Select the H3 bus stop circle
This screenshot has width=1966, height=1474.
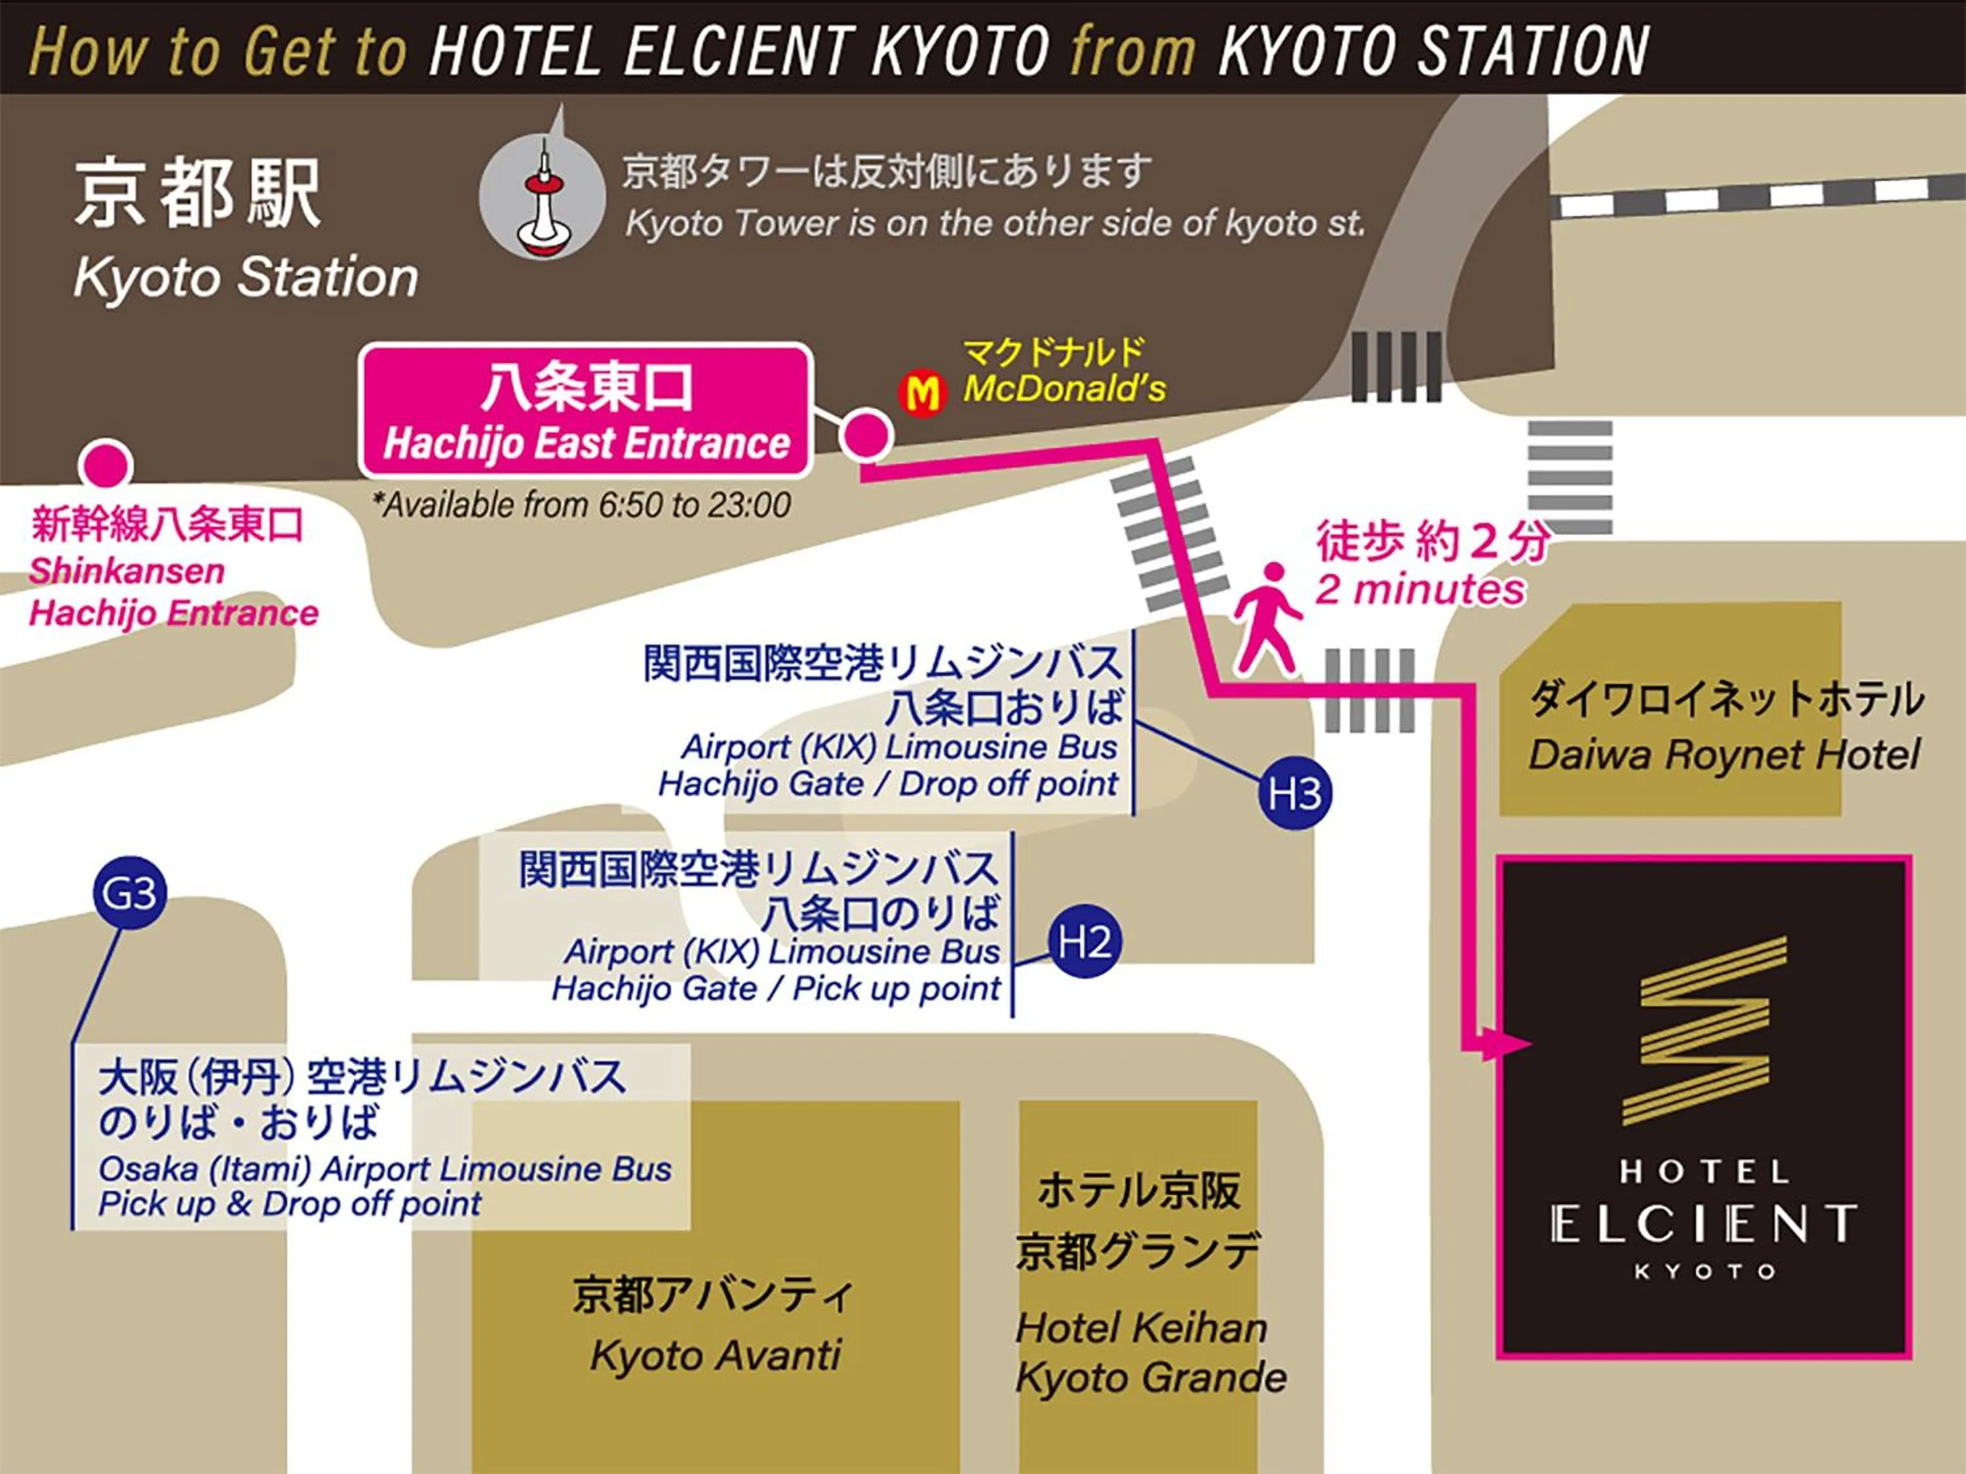point(1295,793)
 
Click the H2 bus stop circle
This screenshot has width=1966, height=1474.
point(1085,942)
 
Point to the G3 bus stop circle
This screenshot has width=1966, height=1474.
point(130,893)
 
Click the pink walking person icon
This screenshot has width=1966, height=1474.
point(1267,618)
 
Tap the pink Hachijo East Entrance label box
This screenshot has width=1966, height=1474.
point(587,411)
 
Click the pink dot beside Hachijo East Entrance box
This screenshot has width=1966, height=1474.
point(866,434)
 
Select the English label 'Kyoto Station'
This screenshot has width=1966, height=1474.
point(245,277)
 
